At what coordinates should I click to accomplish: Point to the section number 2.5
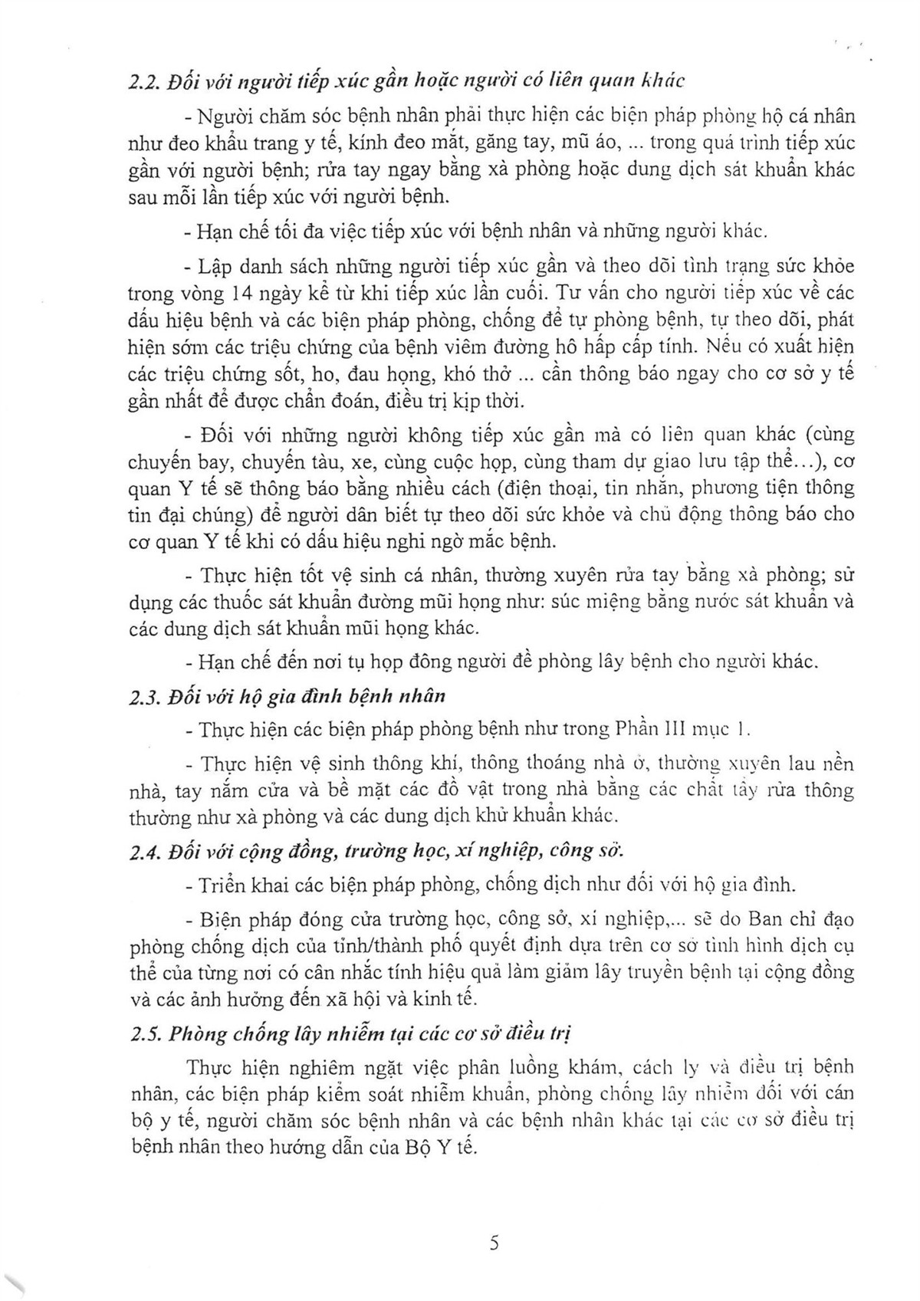tap(143, 1034)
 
